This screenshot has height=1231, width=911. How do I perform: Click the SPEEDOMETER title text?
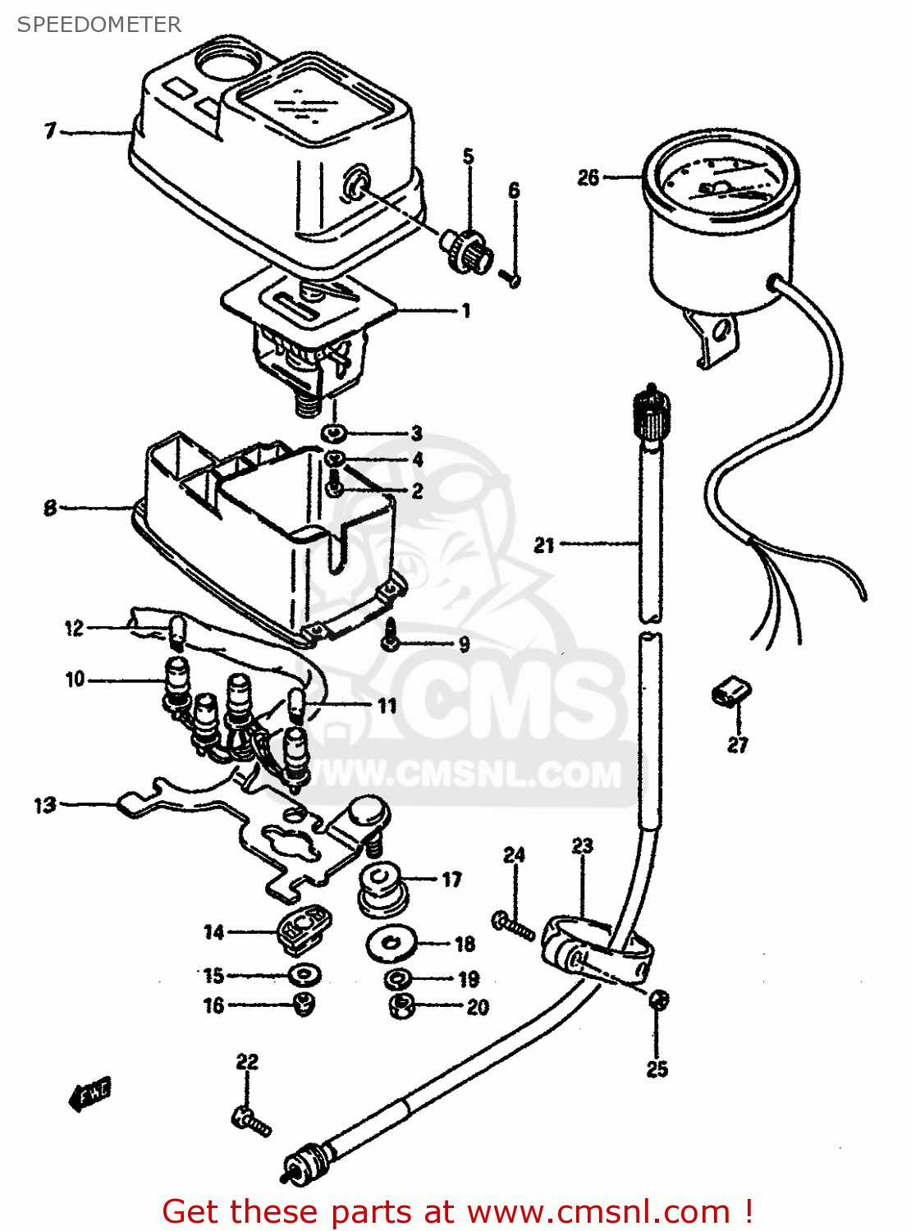pyautogui.click(x=99, y=25)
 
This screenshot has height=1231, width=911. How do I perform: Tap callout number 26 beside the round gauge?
pyautogui.click(x=588, y=177)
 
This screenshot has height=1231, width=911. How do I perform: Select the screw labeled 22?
pyautogui.click(x=251, y=1119)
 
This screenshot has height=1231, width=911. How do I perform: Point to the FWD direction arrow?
pyautogui.click(x=89, y=1094)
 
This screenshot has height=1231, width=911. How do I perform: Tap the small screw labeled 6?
pyautogui.click(x=511, y=278)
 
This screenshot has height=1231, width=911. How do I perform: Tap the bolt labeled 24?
pyautogui.click(x=514, y=926)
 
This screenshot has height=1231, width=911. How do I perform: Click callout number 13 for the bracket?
pyautogui.click(x=44, y=805)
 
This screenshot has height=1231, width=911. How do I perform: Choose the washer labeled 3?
pyautogui.click(x=334, y=432)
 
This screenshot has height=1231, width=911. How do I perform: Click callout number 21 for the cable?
pyautogui.click(x=544, y=545)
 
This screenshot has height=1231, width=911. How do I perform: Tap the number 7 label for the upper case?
pyautogui.click(x=51, y=130)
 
